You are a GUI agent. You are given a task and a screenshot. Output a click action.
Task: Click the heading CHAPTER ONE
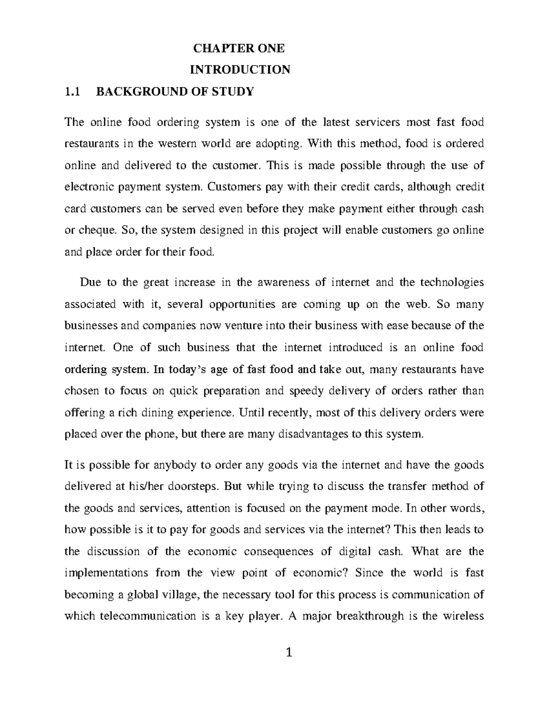[x=239, y=48]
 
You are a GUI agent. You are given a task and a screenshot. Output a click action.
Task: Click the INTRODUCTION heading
[x=240, y=69]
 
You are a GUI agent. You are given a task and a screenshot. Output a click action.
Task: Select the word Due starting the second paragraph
[x=90, y=282]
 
